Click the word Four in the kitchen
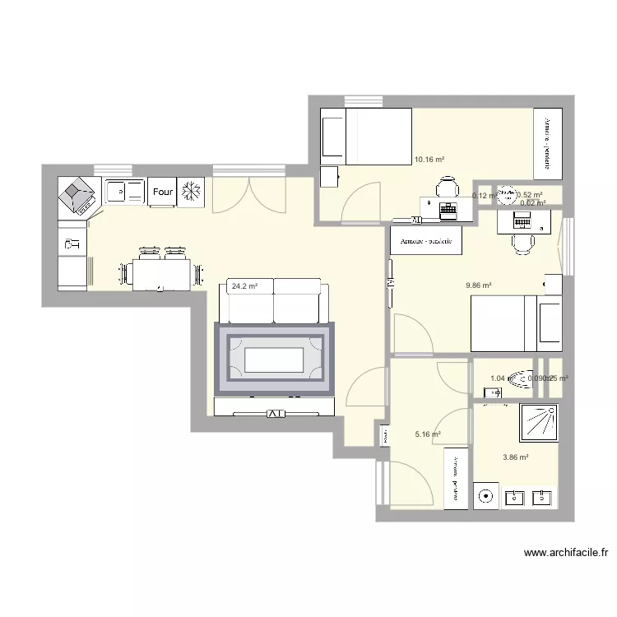162,192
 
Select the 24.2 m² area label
245,287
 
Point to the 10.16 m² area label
429,160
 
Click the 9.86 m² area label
478,285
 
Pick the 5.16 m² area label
428,434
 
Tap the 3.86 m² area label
515,457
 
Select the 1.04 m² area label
497,378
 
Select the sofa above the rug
274,301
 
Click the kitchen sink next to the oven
124,192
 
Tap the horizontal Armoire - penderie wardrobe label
426,241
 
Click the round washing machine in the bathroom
487,496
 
